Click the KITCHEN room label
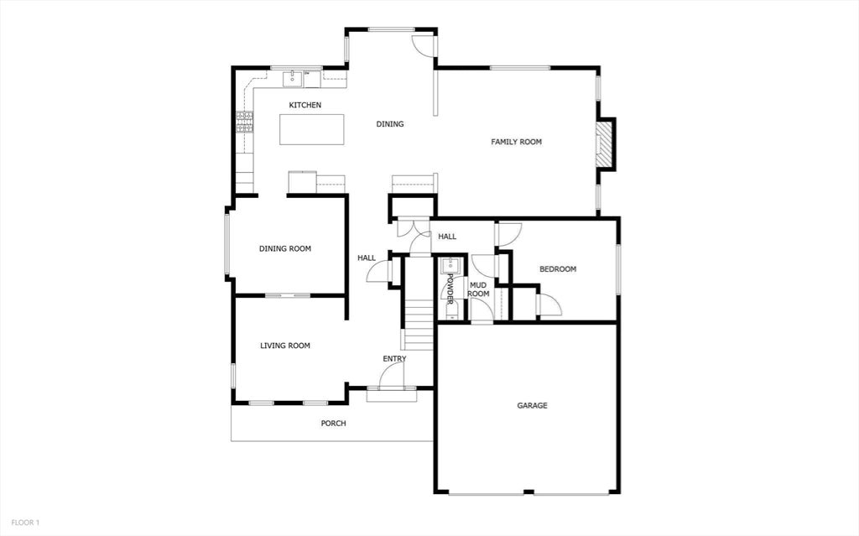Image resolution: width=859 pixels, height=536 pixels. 305,105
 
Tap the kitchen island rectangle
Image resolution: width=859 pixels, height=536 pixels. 312,129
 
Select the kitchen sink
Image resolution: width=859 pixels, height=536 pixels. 294,79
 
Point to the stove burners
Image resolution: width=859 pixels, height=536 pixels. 245,122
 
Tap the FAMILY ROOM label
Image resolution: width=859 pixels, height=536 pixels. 516,142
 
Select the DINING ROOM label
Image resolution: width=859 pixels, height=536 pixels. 285,249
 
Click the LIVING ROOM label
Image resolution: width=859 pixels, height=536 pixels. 285,346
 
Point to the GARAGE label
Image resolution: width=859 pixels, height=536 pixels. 532,405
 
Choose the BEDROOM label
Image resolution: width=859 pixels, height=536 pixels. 558,269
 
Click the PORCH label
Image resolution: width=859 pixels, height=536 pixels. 333,423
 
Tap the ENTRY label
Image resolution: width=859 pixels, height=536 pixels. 394,359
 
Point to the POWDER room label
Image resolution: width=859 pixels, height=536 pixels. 450,289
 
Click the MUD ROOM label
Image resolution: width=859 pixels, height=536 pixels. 478,289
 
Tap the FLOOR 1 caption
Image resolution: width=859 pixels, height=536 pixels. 25,523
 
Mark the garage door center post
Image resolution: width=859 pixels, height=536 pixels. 528,492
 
